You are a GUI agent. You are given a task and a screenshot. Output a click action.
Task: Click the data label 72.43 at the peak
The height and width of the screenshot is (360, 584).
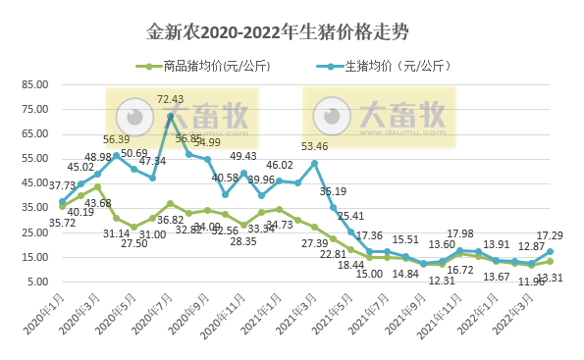[170, 99]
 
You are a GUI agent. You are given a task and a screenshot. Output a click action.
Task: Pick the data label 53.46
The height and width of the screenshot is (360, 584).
[314, 146]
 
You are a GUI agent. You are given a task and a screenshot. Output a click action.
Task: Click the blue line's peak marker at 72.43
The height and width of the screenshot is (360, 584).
[171, 116]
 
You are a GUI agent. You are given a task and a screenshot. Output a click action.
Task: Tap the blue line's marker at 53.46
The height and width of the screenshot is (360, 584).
[314, 163]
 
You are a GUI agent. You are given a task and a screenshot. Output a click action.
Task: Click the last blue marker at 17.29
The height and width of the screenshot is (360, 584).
[550, 252]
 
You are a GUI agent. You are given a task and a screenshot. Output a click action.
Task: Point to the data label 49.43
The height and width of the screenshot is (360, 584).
[243, 156]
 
